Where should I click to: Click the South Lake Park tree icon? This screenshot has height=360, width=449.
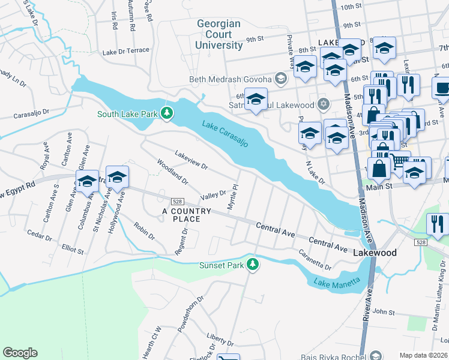[x=169, y=113]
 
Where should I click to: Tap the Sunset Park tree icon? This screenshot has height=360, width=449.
[x=253, y=264]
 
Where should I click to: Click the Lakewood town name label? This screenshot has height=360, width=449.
[x=375, y=253]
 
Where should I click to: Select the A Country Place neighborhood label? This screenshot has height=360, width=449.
[x=187, y=215]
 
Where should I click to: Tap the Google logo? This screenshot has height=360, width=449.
[x=20, y=353]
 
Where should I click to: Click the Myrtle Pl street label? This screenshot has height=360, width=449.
[x=233, y=197]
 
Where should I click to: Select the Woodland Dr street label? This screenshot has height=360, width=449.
[x=172, y=172]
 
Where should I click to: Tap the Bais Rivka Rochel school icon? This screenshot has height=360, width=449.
[x=376, y=356]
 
